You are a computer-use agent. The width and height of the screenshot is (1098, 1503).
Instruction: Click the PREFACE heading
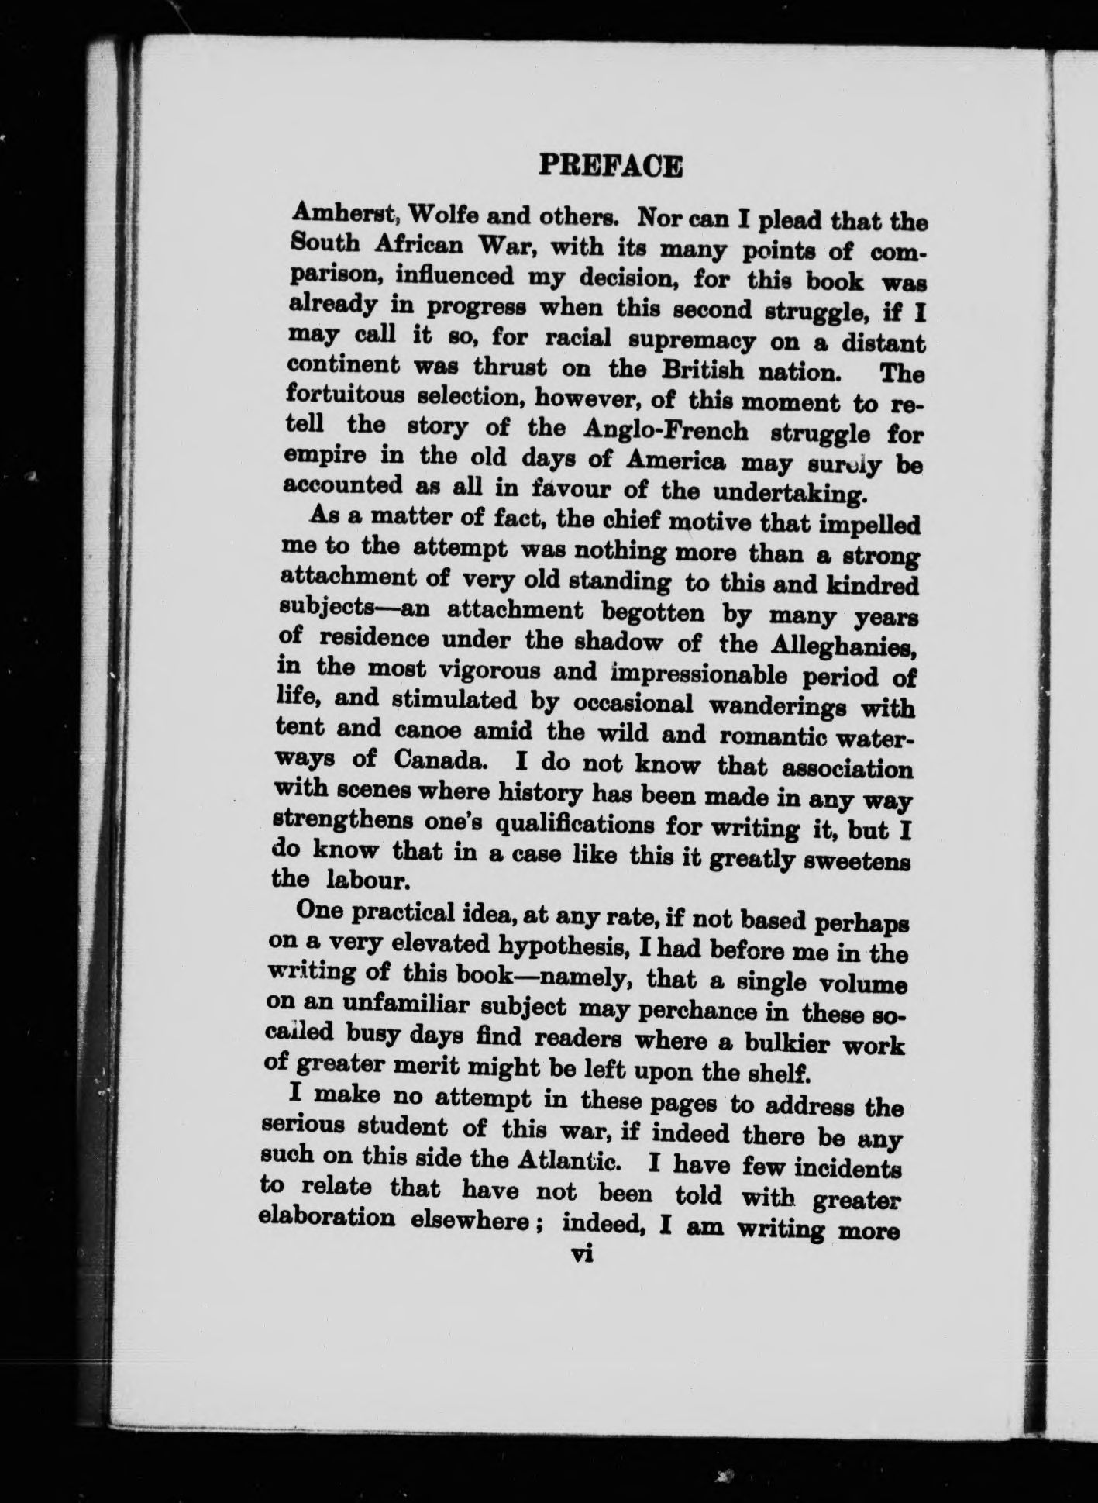pos(611,167)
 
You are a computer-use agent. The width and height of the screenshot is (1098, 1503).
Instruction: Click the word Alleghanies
pos(844,645)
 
